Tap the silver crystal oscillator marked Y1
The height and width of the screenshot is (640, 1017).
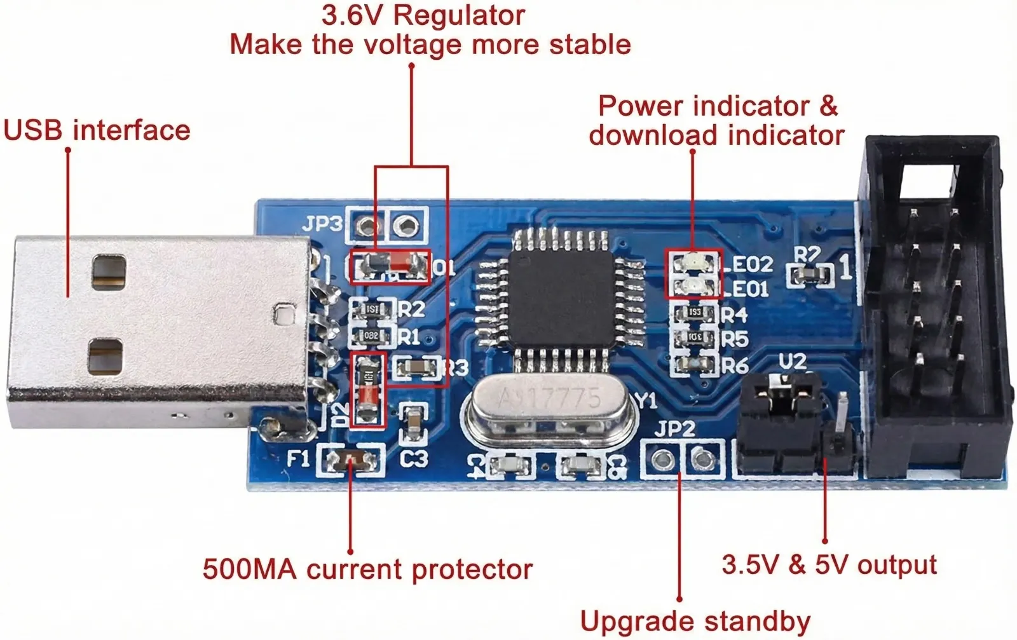550,407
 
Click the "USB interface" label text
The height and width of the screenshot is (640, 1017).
97,130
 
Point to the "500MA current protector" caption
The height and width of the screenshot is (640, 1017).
367,569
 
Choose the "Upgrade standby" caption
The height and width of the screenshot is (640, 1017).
695,621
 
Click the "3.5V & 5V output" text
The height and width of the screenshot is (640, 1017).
829,564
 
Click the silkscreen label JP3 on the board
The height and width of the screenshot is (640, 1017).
322,224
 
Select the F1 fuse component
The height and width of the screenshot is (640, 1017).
352,460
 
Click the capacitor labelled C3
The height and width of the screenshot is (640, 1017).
414,424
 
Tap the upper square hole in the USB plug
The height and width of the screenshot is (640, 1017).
109,271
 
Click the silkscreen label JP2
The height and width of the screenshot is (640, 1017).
674,429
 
